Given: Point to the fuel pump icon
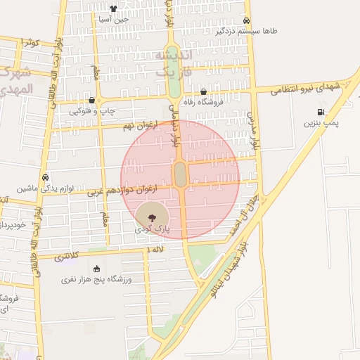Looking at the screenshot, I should click(x=321, y=112).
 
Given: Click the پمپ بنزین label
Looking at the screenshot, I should click(x=321, y=123).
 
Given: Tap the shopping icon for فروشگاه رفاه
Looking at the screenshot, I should click(x=204, y=91).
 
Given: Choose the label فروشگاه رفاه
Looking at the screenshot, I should click(x=203, y=102).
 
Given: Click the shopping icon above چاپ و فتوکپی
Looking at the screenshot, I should click(x=92, y=100).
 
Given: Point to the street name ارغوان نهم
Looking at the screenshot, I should click(x=138, y=124).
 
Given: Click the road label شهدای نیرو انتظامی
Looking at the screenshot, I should click(x=307, y=86).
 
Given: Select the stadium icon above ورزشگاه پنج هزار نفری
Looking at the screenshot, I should click(x=96, y=269).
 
